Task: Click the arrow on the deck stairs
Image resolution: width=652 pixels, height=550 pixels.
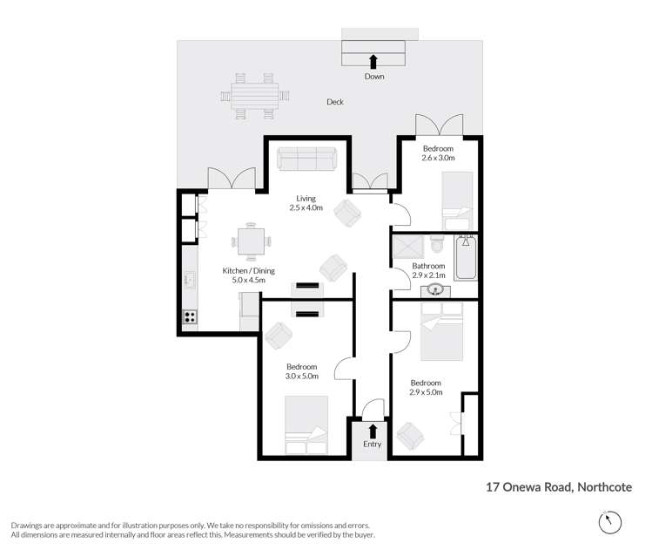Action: (373, 60)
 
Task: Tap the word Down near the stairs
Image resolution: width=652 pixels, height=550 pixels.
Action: (374, 77)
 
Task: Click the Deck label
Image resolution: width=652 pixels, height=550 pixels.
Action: (335, 102)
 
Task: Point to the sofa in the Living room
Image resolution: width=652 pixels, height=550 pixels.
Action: (307, 159)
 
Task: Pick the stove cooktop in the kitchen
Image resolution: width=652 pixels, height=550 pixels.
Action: (189, 317)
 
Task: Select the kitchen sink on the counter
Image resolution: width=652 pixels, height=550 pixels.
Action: (189, 281)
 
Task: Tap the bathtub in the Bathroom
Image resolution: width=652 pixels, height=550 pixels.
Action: (466, 257)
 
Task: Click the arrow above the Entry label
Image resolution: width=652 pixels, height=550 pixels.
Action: (373, 431)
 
